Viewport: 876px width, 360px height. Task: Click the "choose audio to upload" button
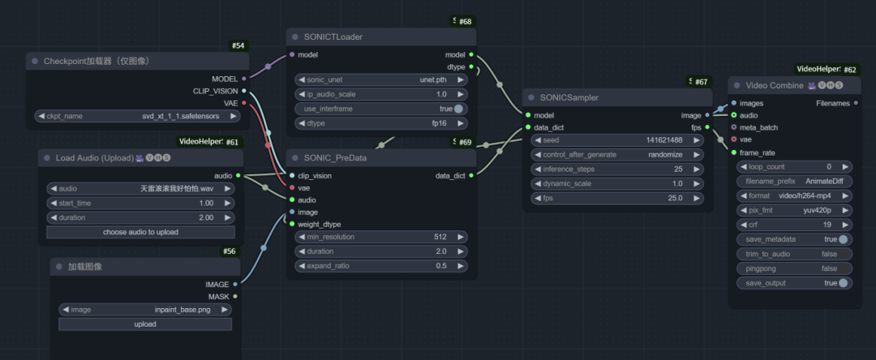tap(140, 232)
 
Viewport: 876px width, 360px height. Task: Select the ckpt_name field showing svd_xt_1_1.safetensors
tap(136, 116)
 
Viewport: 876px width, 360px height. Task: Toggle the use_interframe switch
tap(459, 109)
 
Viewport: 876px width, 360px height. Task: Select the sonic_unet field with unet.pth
tap(381, 79)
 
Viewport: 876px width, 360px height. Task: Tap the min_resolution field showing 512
tap(381, 237)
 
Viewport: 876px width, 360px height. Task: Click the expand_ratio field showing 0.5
tap(381, 266)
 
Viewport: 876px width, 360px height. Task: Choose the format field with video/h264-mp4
tap(794, 195)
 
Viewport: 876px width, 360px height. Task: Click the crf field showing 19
tap(794, 225)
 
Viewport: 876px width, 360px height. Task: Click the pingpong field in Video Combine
tap(794, 268)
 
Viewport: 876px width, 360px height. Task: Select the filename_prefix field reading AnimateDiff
tap(794, 181)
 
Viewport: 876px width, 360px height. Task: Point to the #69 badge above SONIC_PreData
tap(465, 143)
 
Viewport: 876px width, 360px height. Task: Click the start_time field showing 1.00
tap(140, 203)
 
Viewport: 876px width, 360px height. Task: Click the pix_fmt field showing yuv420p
tap(794, 210)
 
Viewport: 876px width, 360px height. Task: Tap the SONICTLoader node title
tap(333, 37)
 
